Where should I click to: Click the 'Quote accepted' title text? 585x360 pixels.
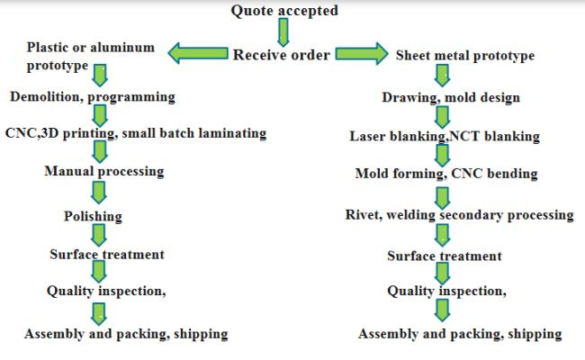284,11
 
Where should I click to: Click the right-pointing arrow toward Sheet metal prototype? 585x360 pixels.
363,55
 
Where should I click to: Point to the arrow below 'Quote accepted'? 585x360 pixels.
283,32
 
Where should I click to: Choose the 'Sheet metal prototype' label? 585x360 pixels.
465,56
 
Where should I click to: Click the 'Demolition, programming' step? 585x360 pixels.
93,95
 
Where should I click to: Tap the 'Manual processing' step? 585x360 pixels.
104,171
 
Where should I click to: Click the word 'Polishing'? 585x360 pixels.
93,216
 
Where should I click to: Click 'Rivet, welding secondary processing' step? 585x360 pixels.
459,215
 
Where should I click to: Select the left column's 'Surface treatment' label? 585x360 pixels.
107,255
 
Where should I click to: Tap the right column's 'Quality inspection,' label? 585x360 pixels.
446,292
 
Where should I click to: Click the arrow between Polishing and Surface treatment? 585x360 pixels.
100,236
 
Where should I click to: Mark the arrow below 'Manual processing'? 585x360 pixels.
100,192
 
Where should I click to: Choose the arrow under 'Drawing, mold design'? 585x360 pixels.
442,116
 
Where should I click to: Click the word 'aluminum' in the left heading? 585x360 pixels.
121,47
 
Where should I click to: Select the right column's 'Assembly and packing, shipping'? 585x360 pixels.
460,334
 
